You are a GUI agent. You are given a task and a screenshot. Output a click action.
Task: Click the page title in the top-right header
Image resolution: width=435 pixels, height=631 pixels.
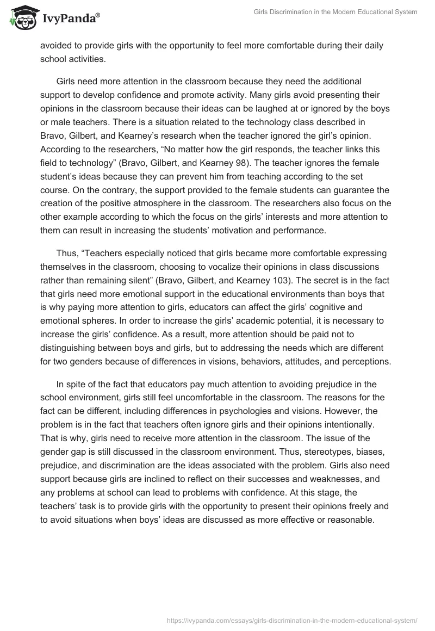click(x=335, y=12)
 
